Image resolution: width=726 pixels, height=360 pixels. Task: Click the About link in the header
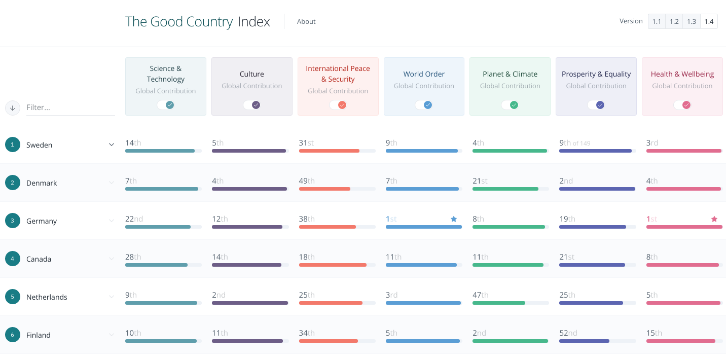tap(306, 21)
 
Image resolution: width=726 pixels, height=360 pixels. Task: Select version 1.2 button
tap(674, 21)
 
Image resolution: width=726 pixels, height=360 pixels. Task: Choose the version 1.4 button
tap(709, 21)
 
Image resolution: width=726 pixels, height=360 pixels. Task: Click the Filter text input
tap(70, 107)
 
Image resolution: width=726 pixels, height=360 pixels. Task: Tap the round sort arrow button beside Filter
tap(13, 107)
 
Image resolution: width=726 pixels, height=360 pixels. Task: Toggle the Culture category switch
tap(252, 105)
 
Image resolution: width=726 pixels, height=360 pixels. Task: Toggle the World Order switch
tap(424, 105)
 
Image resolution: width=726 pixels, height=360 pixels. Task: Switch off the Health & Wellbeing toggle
tap(682, 105)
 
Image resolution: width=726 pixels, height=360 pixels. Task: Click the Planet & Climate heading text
tap(510, 74)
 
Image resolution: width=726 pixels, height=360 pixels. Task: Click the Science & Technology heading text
tap(166, 74)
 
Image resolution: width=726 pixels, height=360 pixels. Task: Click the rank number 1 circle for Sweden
tap(13, 145)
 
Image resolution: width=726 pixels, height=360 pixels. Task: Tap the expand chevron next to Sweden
tap(112, 145)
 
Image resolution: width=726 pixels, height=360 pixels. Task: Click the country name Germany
tap(42, 221)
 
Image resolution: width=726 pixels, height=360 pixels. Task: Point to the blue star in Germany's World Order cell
tap(454, 219)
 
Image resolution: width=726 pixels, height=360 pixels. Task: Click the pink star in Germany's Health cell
tap(714, 219)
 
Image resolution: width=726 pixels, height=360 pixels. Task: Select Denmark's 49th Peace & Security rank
tap(307, 181)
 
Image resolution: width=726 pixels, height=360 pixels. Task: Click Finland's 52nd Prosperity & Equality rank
tap(568, 333)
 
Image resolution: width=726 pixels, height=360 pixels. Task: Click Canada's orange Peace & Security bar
tap(333, 265)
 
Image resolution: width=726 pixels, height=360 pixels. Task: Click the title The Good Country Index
tap(198, 22)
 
